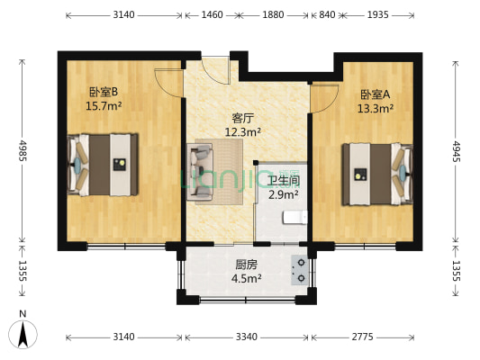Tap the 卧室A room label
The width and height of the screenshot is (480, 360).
[x=375, y=94]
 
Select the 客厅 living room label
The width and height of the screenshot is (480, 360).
[x=242, y=117]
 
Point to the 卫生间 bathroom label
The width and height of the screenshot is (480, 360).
[x=283, y=180]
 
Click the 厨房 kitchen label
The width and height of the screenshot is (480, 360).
[x=247, y=265]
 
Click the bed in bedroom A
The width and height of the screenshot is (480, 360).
[x=376, y=173]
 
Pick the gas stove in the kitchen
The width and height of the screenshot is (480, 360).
[x=298, y=269]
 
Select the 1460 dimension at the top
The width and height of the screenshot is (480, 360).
[x=212, y=15]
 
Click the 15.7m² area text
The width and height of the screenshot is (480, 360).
[x=103, y=105]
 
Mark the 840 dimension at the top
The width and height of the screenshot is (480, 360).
[x=327, y=15]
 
